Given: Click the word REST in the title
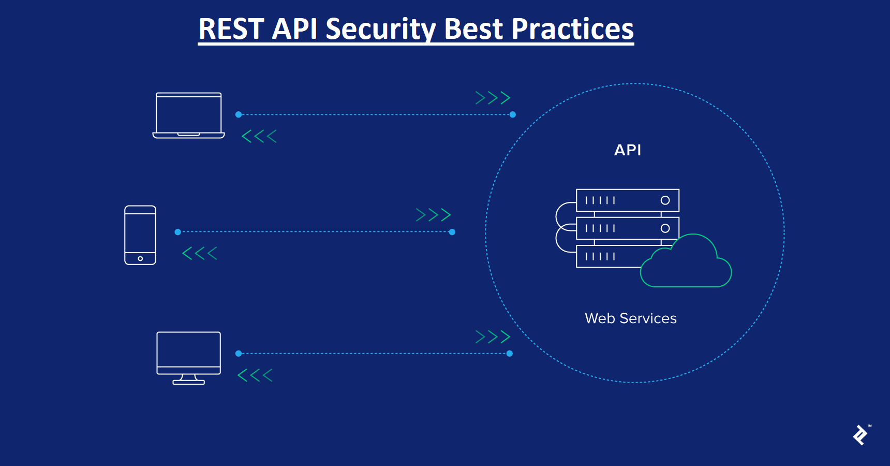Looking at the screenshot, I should pyautogui.click(x=231, y=29).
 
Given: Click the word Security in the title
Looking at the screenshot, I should pyautogui.click(x=381, y=29).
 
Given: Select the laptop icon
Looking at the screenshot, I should pyautogui.click(x=189, y=115).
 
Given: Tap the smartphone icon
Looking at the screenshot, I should pyautogui.click(x=140, y=235).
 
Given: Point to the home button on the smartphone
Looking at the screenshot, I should pyautogui.click(x=140, y=258).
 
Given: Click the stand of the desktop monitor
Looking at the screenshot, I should pyautogui.click(x=188, y=380).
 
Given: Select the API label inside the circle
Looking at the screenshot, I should pyautogui.click(x=628, y=150).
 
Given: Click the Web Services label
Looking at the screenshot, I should pyautogui.click(x=630, y=318).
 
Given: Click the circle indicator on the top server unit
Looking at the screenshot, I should pyautogui.click(x=665, y=200).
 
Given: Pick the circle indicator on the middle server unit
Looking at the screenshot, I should pyautogui.click(x=665, y=228).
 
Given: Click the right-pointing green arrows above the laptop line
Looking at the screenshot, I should pyautogui.click(x=493, y=98).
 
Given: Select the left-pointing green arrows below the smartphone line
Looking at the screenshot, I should pyautogui.click(x=200, y=253).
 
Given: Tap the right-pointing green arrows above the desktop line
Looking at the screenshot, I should pyautogui.click(x=493, y=337).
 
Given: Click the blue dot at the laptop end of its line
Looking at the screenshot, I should pyautogui.click(x=239, y=114).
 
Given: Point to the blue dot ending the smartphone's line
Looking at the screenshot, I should pyautogui.click(x=452, y=232).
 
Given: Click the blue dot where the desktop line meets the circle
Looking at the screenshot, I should pyautogui.click(x=510, y=354).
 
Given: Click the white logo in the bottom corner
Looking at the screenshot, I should pyautogui.click(x=861, y=435).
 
